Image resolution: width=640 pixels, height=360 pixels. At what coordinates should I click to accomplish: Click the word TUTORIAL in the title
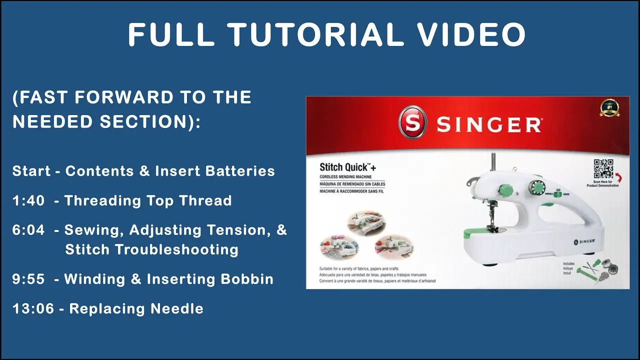[316, 35]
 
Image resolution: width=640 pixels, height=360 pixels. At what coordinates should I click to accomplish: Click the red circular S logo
[412, 123]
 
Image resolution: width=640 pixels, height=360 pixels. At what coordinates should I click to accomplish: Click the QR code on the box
[603, 168]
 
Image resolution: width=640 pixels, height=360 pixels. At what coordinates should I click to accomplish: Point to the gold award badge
[609, 107]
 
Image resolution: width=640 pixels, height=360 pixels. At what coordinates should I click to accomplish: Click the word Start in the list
[31, 171]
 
